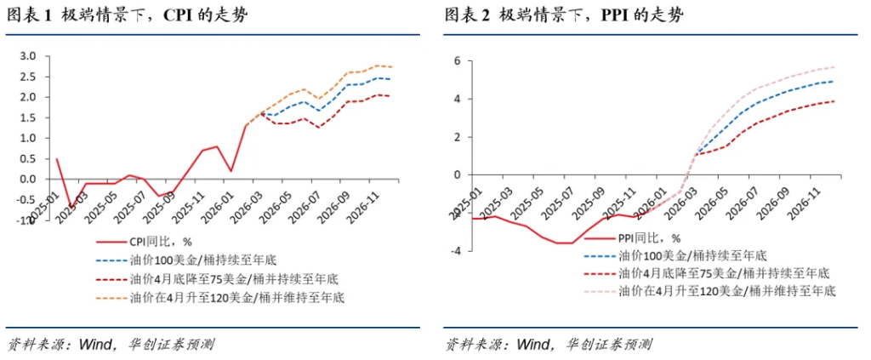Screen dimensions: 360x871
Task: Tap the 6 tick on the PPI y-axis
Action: coord(456,61)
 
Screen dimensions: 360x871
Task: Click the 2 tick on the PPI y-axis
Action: coord(456,137)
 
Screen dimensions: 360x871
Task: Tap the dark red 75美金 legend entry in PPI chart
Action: coord(723,273)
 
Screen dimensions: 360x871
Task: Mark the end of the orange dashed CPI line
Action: coord(391,66)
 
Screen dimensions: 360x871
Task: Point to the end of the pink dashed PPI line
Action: coord(835,66)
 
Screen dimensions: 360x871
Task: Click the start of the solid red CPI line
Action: coord(56,158)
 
